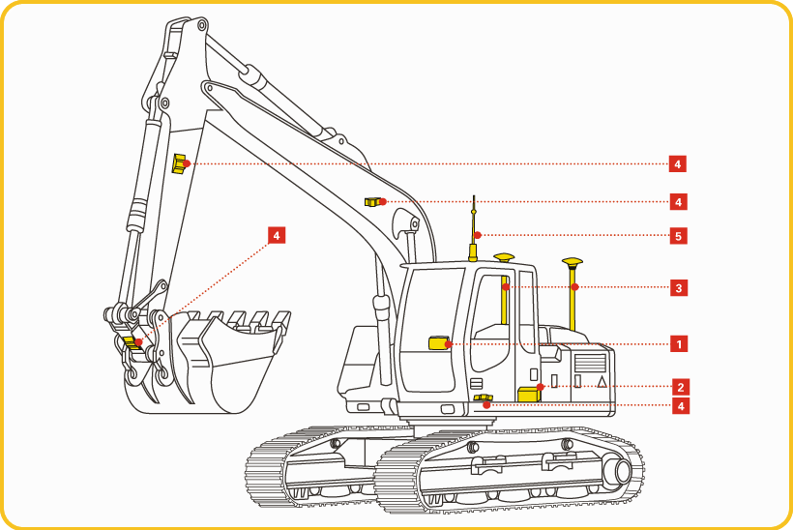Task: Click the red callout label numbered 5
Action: click(678, 236)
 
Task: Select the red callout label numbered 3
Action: click(679, 288)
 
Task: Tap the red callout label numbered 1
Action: click(679, 344)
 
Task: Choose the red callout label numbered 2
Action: click(681, 388)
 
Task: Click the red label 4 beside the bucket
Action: click(277, 235)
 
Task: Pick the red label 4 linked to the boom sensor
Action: click(678, 202)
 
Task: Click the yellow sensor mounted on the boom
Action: click(373, 202)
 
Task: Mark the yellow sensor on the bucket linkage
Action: click(132, 343)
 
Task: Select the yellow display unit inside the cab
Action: click(438, 343)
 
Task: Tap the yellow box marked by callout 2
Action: click(529, 394)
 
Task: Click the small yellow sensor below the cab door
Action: click(483, 398)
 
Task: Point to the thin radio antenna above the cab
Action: click(473, 228)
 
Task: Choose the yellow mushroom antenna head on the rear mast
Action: click(572, 263)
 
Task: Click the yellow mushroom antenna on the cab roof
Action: click(504, 257)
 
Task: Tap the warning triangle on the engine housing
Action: click(602, 381)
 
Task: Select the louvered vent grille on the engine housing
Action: click(590, 363)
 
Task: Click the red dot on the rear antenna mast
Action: click(575, 286)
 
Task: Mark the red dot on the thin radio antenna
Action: click(478, 235)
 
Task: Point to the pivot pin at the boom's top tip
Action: click(202, 24)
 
